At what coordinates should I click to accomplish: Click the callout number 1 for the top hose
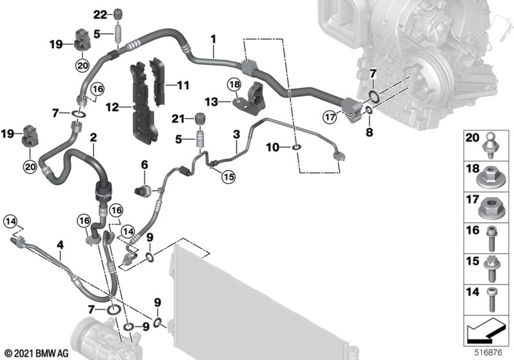pos(213,38)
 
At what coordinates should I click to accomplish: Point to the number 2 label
pos(93,137)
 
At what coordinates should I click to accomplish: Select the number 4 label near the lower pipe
pos(60,245)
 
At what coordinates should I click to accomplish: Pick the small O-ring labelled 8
pos(369,111)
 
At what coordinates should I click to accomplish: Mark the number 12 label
pos(112,108)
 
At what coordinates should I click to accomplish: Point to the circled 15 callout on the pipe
pos(228,177)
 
